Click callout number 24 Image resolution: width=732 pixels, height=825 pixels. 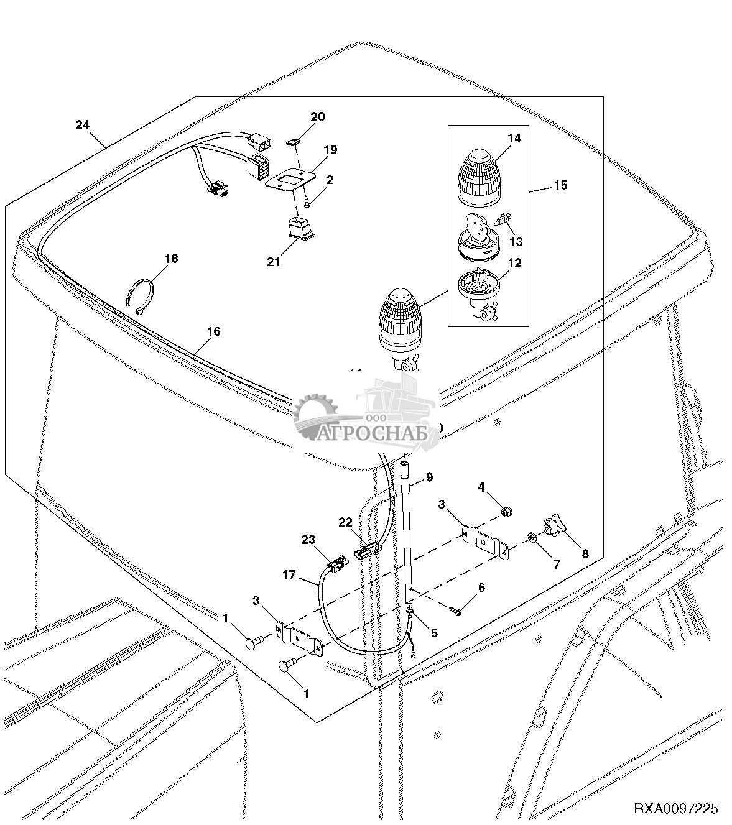pyautogui.click(x=83, y=125)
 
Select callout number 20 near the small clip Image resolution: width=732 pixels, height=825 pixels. pyautogui.click(x=318, y=117)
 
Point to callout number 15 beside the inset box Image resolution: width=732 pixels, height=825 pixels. pyautogui.click(x=560, y=185)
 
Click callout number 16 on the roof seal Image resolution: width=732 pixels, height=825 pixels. pyautogui.click(x=213, y=332)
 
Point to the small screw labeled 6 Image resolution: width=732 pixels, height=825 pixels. pyautogui.click(x=457, y=612)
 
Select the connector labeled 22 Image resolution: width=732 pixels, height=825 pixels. pyautogui.click(x=366, y=550)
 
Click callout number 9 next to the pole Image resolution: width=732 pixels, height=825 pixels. pyautogui.click(x=429, y=477)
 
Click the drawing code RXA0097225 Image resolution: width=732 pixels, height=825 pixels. pyautogui.click(x=676, y=809)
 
